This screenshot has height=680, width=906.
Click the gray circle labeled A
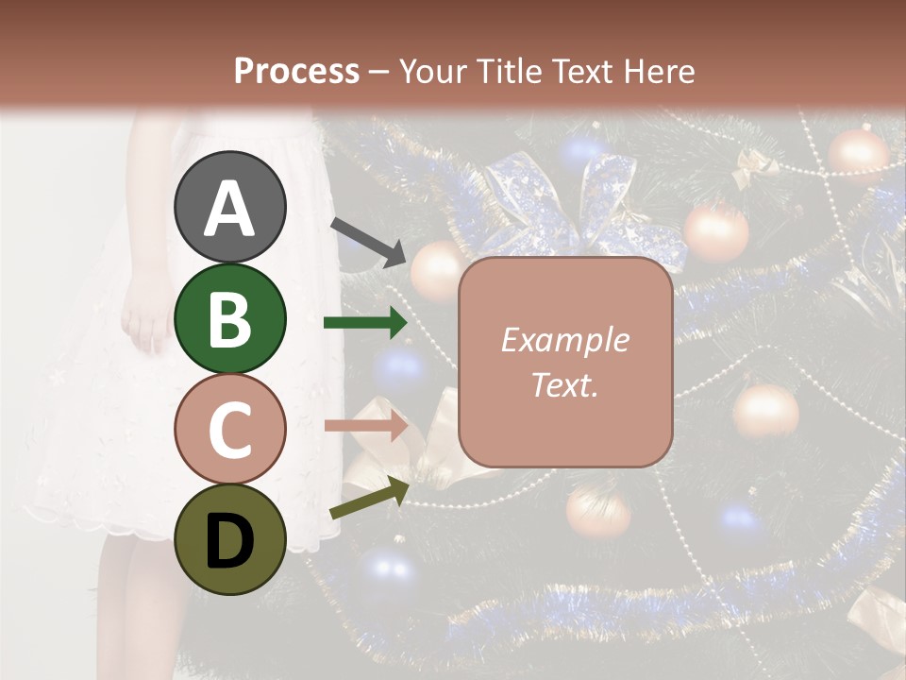229,207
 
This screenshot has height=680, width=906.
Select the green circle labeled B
229,318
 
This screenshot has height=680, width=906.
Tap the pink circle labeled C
229,429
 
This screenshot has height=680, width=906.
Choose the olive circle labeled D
229,539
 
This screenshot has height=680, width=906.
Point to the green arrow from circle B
365,323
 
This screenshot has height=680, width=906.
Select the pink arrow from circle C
365,426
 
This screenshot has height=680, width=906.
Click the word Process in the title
296,71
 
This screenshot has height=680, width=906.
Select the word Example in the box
564,340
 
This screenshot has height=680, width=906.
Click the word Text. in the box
564,384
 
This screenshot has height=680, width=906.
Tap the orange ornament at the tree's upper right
858,153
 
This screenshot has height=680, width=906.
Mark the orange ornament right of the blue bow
715,231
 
